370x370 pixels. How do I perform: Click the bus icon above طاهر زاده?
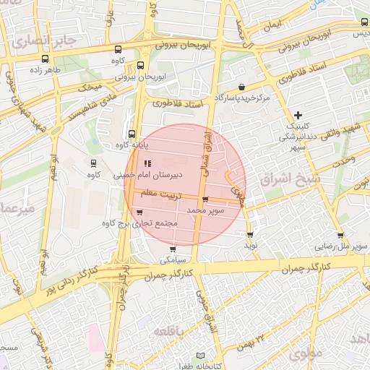pyautogui.click(x=46, y=59)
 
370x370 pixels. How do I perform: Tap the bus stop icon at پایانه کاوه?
pyautogui.click(x=132, y=134)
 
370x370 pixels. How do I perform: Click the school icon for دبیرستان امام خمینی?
pyautogui.click(x=149, y=163)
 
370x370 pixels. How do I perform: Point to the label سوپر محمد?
pyautogui.click(x=206, y=210)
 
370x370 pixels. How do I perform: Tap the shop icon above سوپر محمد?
pyautogui.click(x=206, y=199)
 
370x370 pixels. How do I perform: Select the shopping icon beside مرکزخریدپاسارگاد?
pyautogui.click(x=241, y=87)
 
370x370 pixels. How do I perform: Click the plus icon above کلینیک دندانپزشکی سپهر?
pyautogui.click(x=298, y=115)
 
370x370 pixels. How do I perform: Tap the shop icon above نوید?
pyautogui.click(x=250, y=235)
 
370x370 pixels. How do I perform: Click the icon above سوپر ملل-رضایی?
pyautogui.click(x=340, y=236)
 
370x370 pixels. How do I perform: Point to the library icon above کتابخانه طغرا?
pyautogui.click(x=201, y=356)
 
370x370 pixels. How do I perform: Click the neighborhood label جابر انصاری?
pyautogui.click(x=44, y=40)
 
